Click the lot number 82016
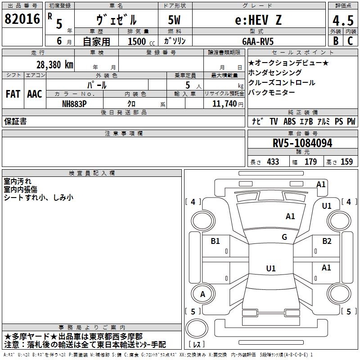coord(22,19)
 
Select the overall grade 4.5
coord(343,20)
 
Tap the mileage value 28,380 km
coord(55,65)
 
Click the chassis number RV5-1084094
coord(302,143)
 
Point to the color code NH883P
coord(74,104)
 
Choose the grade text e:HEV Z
coord(258,20)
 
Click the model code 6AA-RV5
coord(258,41)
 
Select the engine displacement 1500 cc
coord(141,41)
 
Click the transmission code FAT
coord(13,94)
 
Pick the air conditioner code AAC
coord(35,94)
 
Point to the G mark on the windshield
coord(284,237)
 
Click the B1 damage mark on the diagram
coord(215,241)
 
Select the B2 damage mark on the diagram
coord(327,241)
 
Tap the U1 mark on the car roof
coord(271,268)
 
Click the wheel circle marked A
coord(203,294)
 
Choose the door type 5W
coord(174,20)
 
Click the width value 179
coord(310,162)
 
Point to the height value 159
coord(346,162)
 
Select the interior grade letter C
coord(350,41)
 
